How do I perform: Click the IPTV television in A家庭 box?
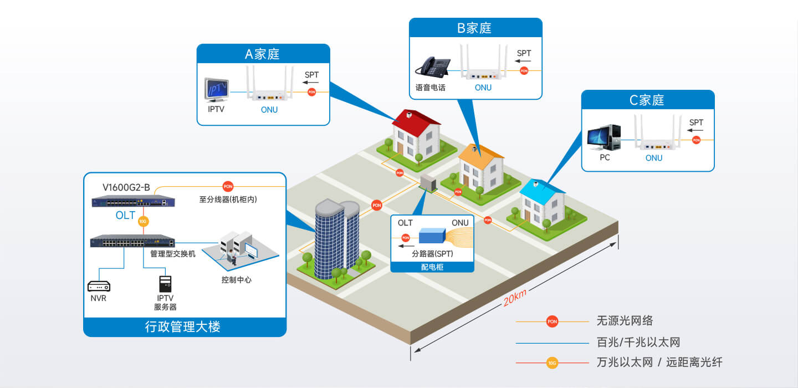coord(216,90)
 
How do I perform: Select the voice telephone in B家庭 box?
coord(433,67)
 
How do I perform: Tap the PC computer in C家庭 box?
coord(604,137)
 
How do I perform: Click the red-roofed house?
coord(416,136)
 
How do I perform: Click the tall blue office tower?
coord(337,239)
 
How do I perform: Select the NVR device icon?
coord(99,286)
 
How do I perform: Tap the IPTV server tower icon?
coord(165,284)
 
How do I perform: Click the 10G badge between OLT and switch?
coord(143,221)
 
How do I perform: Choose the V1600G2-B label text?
coord(126,187)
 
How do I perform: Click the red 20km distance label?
coord(515,298)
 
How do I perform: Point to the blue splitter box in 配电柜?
coord(432,236)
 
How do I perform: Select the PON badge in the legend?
coord(552,321)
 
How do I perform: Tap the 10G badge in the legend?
coord(552,363)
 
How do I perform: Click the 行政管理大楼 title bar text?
coord(183,326)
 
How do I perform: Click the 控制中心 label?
coord(237,280)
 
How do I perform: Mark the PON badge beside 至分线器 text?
coord(228,186)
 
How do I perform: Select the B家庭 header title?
coord(474,28)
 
